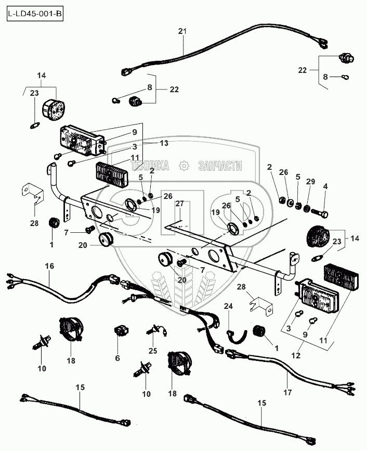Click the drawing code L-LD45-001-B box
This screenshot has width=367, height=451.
coord(35,14)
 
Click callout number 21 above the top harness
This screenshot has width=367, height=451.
coord(182,31)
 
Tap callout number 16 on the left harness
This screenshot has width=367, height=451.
coord(49,266)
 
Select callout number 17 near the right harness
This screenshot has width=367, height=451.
coord(287,392)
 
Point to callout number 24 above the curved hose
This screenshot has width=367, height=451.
coord(228,306)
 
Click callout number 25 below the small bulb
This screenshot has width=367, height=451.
coord(153,350)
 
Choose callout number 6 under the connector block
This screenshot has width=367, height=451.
coord(117,358)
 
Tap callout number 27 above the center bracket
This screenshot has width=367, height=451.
coord(179,204)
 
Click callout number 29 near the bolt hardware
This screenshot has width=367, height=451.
coord(310,181)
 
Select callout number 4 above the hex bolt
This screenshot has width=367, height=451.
coord(325,186)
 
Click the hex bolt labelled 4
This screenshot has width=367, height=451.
coord(320,214)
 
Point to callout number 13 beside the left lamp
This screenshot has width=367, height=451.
coord(164,143)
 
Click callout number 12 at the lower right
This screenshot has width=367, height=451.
coord(295,355)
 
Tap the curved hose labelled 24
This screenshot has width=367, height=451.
coord(237,336)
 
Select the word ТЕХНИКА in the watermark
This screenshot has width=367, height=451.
coord(150,166)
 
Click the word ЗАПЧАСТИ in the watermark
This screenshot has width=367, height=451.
coord(220,166)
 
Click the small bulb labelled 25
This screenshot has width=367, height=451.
coord(156,331)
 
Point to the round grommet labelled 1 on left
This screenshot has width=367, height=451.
coord(54,223)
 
